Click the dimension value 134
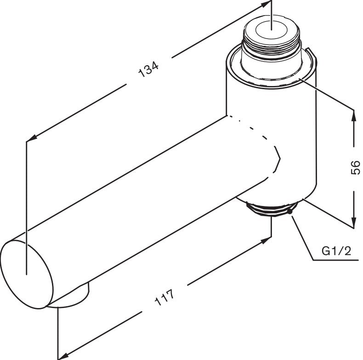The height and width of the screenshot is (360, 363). pos(148,69)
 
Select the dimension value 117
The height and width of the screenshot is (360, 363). pos(164,297)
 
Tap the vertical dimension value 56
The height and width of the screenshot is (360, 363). pos(355,167)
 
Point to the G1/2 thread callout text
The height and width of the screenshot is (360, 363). pos(336,251)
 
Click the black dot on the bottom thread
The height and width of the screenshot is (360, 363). pos(289,211)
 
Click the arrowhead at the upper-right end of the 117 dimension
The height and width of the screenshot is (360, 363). pos(266,240)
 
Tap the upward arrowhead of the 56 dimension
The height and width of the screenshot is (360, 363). pos(353,116)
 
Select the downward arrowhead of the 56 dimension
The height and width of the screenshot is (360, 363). pos(353,223)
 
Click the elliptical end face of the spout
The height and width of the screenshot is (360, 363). pos(27,274)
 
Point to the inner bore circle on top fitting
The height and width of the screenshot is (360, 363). pos(271,30)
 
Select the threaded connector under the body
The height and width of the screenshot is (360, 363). pos(271,209)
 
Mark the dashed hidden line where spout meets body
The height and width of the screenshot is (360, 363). pos(259,148)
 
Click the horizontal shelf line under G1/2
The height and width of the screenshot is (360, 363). pos(335,260)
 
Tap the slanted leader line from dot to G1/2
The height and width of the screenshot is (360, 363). pos(303,238)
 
